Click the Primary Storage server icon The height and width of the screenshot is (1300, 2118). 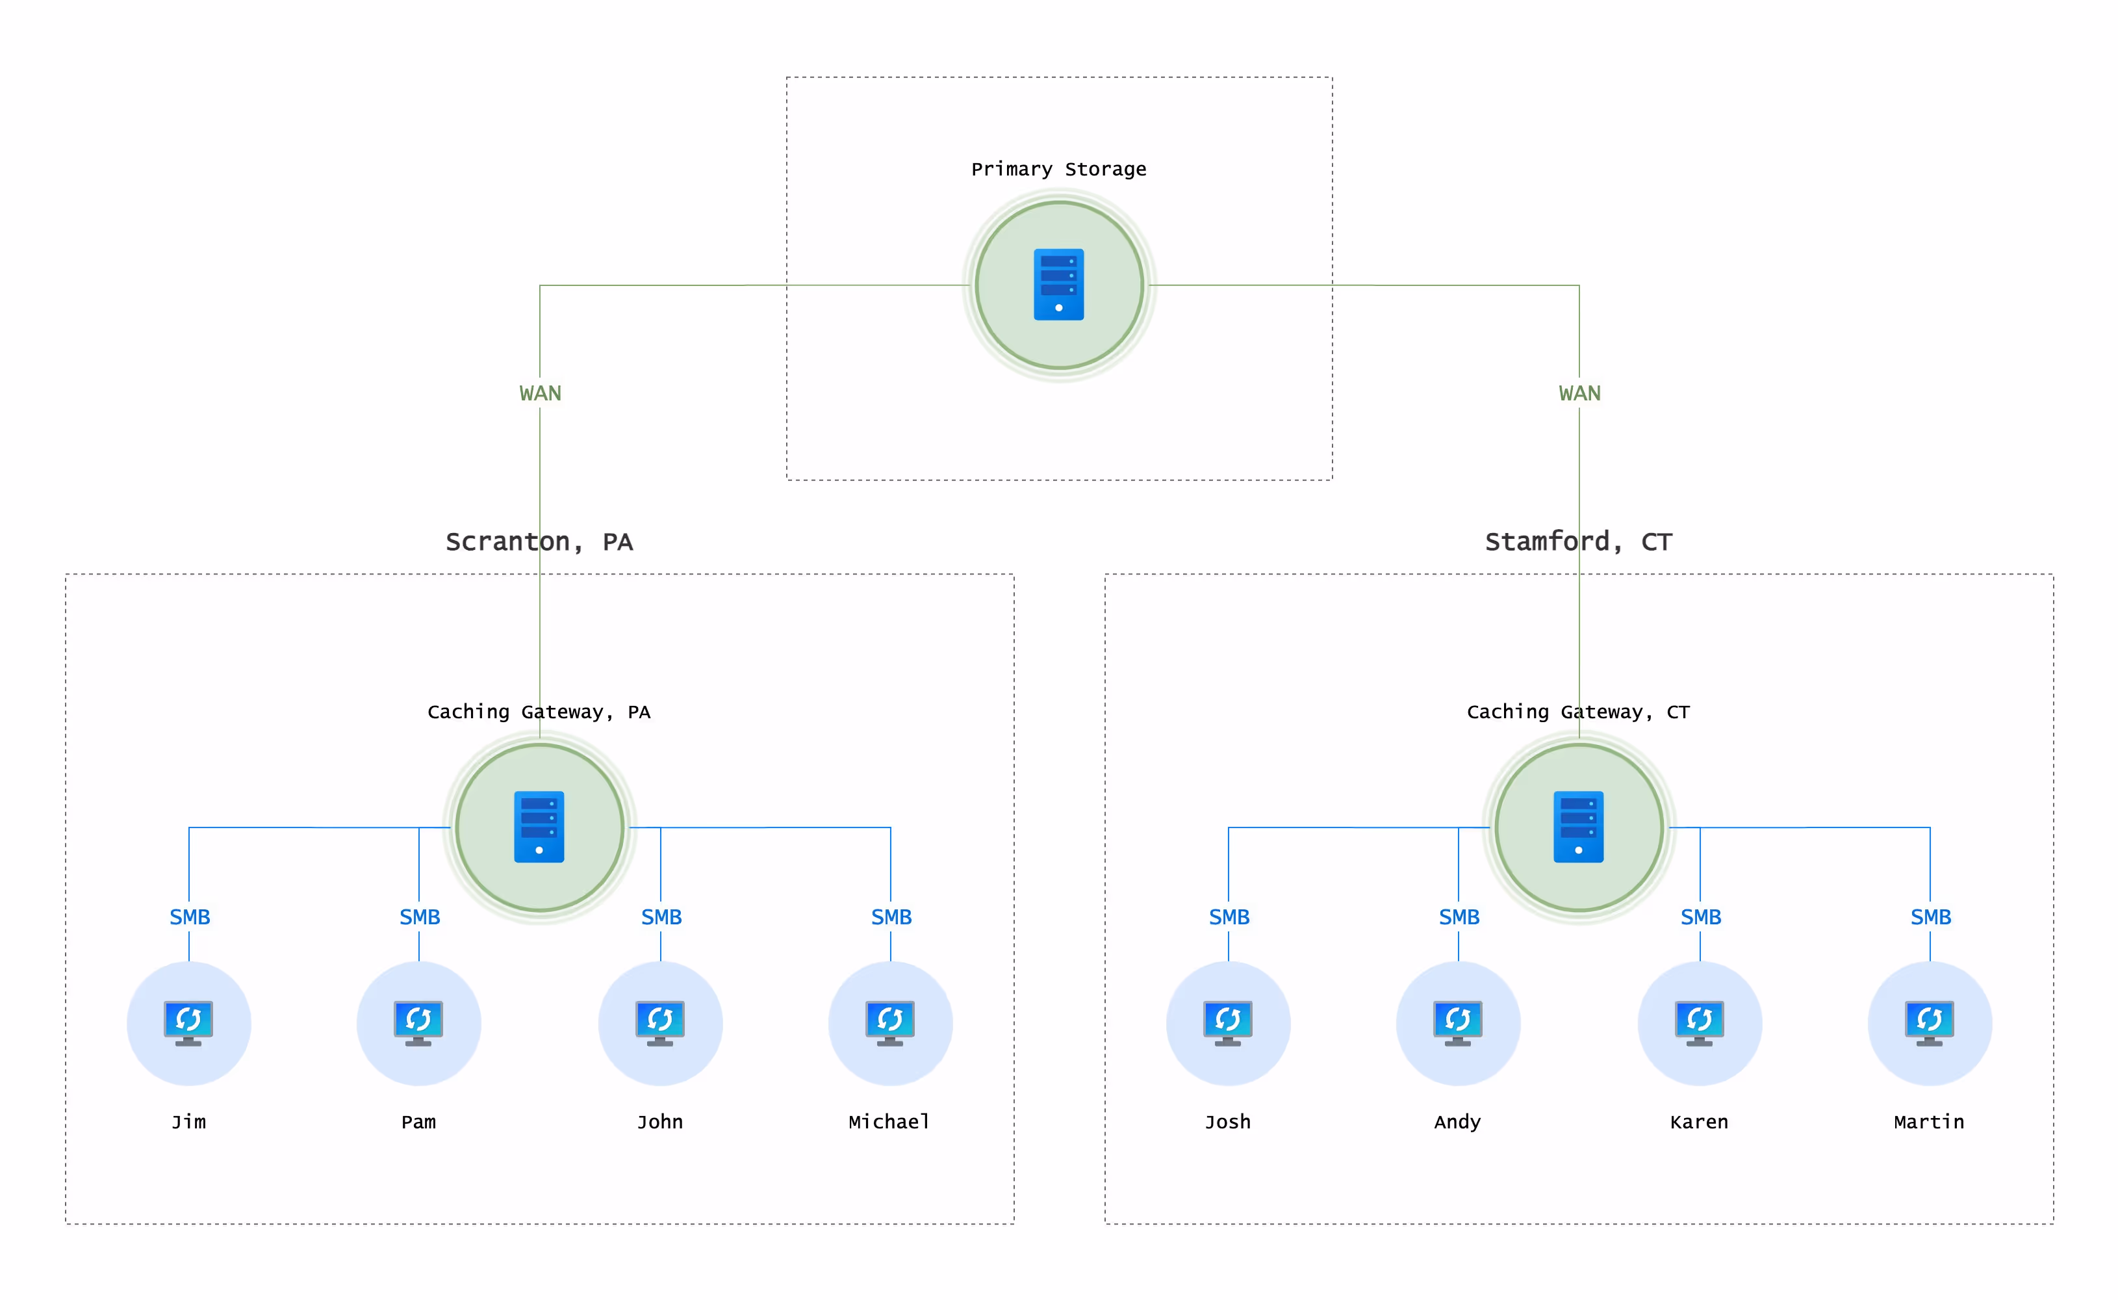coord(1058,285)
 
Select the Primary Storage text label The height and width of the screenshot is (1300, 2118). coord(1058,170)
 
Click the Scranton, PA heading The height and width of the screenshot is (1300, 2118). coord(539,541)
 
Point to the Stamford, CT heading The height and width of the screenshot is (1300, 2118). coord(1578,541)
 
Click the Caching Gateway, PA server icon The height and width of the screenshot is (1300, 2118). coord(539,827)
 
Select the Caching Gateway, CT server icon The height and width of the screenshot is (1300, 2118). coord(1578,827)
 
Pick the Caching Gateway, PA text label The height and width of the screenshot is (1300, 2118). coord(539,712)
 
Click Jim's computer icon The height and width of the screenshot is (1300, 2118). coord(188,1023)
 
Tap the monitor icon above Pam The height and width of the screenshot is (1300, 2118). coord(418,1023)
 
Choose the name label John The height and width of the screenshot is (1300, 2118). coord(660,1122)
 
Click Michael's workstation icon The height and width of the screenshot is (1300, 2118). coord(889,1023)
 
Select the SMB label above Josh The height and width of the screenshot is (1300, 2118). coord(1229,917)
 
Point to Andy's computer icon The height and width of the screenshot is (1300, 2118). coord(1458,1023)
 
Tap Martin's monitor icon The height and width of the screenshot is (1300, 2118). coord(1929,1023)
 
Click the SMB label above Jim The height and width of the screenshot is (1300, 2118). coord(189,917)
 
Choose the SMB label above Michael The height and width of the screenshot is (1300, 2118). coord(891,917)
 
